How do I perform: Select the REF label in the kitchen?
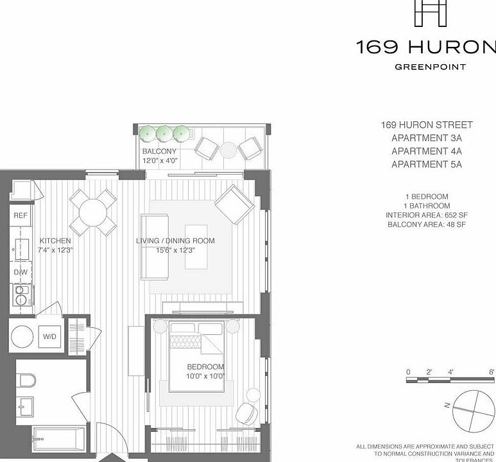click(21, 216)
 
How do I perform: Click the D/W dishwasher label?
click(20, 272)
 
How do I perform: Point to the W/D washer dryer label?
click(50, 336)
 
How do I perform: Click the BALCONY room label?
click(159, 151)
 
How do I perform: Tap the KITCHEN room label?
click(55, 241)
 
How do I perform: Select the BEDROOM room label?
click(205, 367)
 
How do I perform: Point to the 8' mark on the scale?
click(491, 372)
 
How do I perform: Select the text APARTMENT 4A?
click(426, 151)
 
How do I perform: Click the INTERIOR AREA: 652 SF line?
click(426, 215)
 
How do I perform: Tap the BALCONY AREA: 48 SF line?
click(426, 225)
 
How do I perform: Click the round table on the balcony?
click(228, 150)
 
